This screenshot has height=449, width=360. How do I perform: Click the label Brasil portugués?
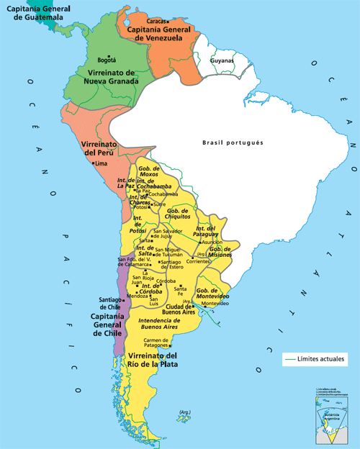(233, 142)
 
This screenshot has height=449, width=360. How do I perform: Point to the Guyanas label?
(221, 61)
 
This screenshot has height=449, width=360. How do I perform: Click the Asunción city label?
(212, 242)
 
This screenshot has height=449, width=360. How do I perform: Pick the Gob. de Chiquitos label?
(177, 214)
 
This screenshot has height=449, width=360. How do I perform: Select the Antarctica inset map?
(333, 420)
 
